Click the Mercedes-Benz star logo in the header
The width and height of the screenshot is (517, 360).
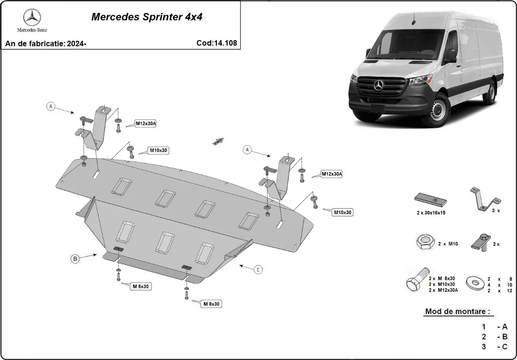point(32,17)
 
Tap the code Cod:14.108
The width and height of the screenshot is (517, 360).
point(216,43)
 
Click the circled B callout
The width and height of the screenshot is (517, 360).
point(75,259)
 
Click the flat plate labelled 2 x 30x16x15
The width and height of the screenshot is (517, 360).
point(430,200)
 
